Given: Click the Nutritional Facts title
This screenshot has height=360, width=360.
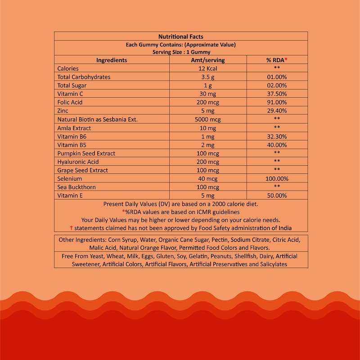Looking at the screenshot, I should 181,36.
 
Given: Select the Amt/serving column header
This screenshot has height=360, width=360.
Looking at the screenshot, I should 208,60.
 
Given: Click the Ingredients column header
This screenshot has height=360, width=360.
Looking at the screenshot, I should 112,60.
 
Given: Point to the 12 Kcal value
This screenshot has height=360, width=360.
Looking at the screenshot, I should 208,68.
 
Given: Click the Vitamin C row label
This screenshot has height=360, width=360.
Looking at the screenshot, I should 70,94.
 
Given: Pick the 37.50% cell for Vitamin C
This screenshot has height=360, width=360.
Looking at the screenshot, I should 277,94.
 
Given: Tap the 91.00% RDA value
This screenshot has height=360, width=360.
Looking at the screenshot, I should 277,102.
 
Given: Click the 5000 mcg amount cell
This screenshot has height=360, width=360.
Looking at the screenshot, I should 208,119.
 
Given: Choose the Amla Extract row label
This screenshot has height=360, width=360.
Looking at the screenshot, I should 74,128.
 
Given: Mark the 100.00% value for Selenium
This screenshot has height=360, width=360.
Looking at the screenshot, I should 277,178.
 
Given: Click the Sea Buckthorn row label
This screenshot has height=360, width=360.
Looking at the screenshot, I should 76,187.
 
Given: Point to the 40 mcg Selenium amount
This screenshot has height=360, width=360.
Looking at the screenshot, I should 208,178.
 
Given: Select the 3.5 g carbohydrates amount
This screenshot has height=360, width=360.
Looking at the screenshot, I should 208,77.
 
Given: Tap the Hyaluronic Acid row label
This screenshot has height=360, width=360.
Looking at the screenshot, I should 78,162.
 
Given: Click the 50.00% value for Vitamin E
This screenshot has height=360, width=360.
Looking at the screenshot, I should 277,196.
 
